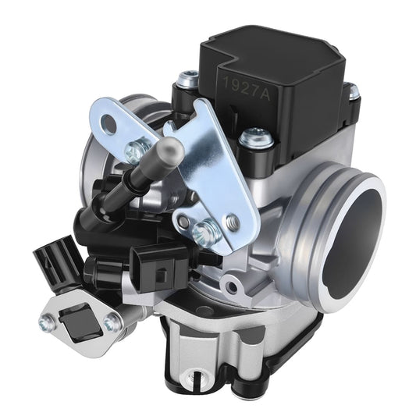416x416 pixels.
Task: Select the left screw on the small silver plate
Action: pos(48,318)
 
